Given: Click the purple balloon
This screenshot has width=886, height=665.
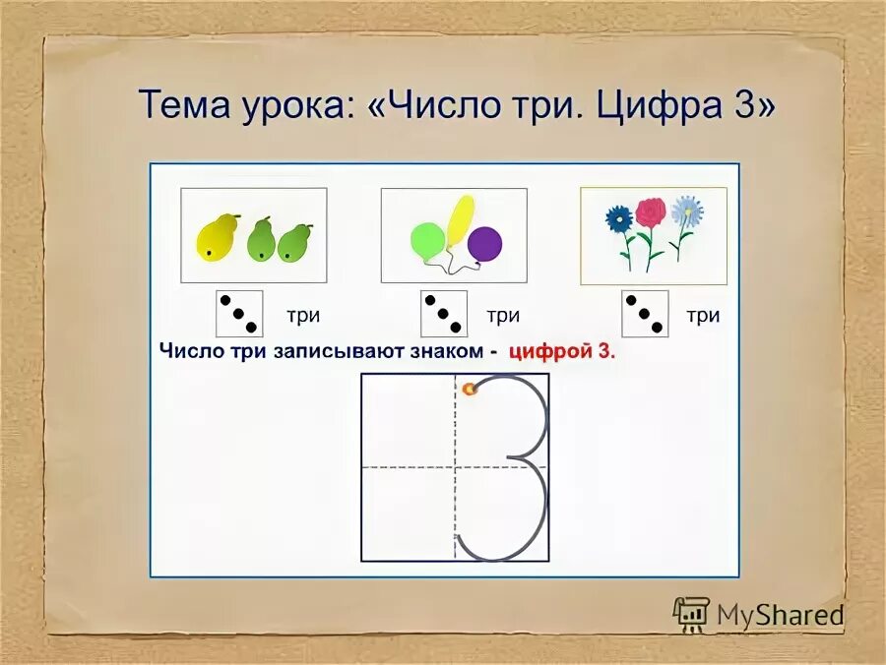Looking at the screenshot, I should click(484, 243).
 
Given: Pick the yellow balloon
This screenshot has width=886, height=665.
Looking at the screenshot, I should click(460, 218).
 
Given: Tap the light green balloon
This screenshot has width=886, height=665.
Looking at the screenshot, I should click(427, 242).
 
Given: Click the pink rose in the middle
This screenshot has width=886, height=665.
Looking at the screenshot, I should click(650, 212).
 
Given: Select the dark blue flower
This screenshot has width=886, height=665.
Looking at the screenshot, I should click(619, 218).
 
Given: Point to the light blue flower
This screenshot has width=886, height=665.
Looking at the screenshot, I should click(686, 210).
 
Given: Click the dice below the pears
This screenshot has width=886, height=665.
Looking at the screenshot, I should click(239, 314).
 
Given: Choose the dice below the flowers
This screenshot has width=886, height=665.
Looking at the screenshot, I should click(645, 314).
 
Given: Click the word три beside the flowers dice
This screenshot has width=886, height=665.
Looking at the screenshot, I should click(703, 316).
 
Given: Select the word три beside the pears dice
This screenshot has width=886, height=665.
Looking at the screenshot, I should click(302, 316).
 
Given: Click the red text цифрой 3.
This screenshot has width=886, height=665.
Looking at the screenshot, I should click(561, 352).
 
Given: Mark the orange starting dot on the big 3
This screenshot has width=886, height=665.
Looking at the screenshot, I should click(471, 389).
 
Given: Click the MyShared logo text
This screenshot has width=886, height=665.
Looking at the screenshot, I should click(780, 616).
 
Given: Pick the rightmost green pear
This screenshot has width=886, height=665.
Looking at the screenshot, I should click(295, 243).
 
